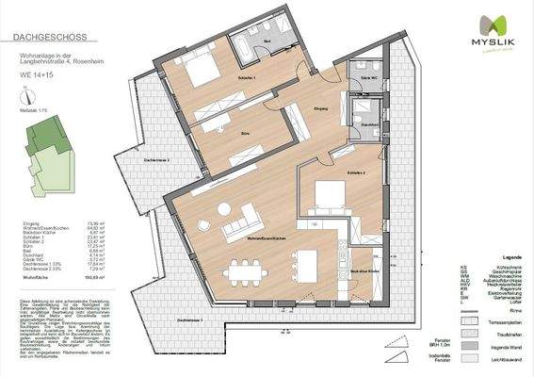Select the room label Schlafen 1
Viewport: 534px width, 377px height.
click(x=248, y=77)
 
